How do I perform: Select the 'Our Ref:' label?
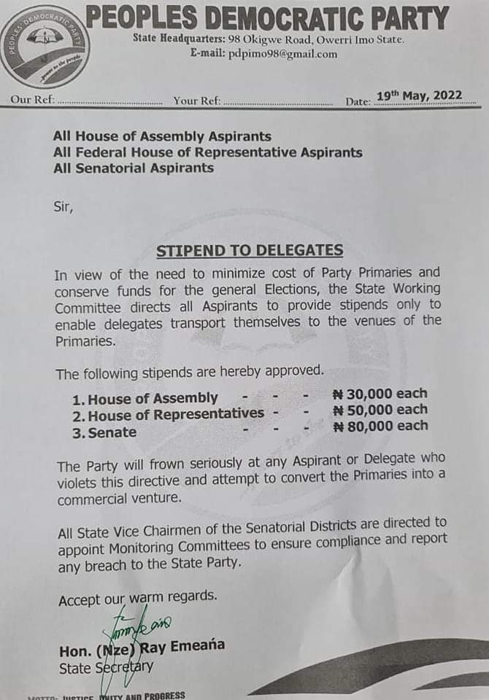point(32,100)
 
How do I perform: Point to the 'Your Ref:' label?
point(196,100)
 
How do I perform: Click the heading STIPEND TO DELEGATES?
point(250,251)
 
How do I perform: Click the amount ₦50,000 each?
point(380,411)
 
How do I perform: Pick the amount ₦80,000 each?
point(380,427)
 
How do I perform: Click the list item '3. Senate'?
point(104,432)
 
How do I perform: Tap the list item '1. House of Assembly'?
point(145,398)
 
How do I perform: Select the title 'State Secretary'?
point(106,667)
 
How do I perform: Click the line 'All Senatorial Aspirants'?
point(134,168)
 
